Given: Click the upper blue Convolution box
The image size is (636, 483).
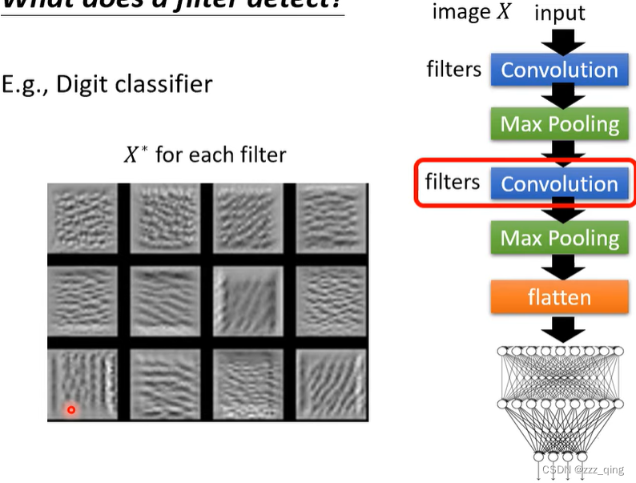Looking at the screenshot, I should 559,70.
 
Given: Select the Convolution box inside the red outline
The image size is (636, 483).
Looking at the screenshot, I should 559,183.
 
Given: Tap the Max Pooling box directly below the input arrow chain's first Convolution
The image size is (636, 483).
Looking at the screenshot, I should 559,124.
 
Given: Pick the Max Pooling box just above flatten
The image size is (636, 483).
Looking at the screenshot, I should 559,238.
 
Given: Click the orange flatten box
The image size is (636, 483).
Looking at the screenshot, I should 559,297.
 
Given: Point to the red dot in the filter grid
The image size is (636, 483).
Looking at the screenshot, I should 70,410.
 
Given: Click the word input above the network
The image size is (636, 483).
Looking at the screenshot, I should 560,14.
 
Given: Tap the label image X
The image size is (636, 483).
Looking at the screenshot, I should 468,12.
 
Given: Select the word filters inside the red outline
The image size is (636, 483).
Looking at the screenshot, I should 453,182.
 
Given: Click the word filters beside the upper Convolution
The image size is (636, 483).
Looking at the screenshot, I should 453,69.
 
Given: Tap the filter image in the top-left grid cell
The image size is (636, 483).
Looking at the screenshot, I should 83,218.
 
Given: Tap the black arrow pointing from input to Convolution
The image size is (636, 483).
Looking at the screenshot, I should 559,40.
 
